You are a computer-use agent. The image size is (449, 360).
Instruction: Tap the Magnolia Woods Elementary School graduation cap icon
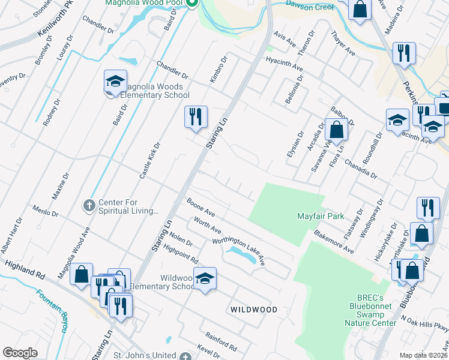pyautogui.click(x=116, y=82)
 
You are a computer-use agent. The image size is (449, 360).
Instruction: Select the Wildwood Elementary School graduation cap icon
pyautogui.click(x=205, y=278)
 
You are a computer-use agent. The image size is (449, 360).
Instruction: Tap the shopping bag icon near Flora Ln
pyautogui.click(x=337, y=129)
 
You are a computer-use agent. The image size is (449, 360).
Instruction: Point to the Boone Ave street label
pyautogui.click(x=200, y=208)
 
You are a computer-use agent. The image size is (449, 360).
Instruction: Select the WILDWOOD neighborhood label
pyautogui.click(x=254, y=310)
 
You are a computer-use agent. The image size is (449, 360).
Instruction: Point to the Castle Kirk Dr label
pyautogui.click(x=150, y=160)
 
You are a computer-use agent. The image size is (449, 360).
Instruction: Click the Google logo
pyautogui.click(x=20, y=353)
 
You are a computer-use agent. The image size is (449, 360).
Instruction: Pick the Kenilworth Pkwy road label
pyautogui.click(x=59, y=20)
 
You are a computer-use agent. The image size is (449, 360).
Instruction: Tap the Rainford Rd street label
pyautogui.click(x=221, y=342)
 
